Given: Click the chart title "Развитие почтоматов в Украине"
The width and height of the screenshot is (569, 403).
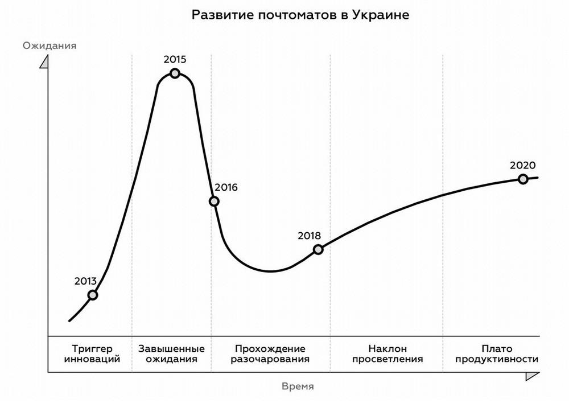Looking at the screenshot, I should click(x=300, y=15).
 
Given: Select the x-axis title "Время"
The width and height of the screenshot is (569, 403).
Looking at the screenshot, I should click(x=298, y=386).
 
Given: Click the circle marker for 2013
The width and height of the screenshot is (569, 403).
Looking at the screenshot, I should click(x=93, y=295).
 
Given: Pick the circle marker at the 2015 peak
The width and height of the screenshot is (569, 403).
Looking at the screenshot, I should click(x=175, y=73).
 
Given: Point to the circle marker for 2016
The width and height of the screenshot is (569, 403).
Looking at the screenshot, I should click(x=214, y=201).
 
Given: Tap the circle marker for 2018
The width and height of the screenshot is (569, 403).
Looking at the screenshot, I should click(x=318, y=249).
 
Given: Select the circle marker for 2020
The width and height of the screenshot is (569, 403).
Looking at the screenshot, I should click(x=522, y=179).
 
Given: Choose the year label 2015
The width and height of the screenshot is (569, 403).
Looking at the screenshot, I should click(x=175, y=59).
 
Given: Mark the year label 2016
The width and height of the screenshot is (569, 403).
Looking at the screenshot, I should click(x=226, y=187).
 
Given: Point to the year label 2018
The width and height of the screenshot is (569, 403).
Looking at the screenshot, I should click(x=310, y=235).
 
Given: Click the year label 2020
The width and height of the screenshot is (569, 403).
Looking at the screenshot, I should click(x=522, y=165).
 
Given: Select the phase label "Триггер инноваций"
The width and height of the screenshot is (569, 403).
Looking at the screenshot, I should click(x=93, y=353).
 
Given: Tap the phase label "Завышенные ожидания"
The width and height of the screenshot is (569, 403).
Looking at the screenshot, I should click(x=171, y=353).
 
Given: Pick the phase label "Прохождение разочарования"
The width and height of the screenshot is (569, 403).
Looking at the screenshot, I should click(x=270, y=353).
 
